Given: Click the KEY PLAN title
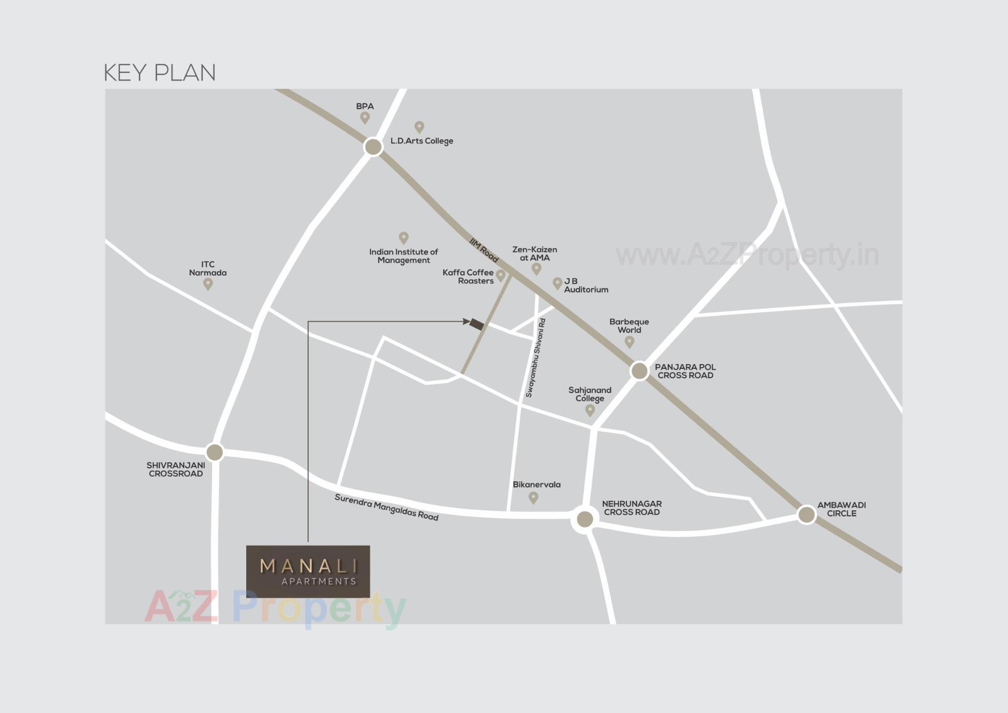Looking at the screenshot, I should coord(160,73).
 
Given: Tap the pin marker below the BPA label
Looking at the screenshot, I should coord(365,118).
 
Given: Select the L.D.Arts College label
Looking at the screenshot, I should coord(422,141).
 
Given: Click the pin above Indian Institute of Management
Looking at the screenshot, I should coord(404,237).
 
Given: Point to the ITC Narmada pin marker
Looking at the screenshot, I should coord(208,284).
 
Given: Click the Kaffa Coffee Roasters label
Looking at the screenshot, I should coord(468,276).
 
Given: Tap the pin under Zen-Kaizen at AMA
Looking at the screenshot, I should coord(536,268).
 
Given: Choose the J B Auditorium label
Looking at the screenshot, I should coord(585,285).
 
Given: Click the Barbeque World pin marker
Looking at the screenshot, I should coord(629,342).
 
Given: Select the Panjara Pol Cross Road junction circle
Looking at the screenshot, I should coord(639,370).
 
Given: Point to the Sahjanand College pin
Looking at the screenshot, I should coord(590,409).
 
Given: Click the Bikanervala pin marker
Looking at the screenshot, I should coord(533,497).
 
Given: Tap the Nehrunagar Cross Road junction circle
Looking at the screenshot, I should coord(585,519).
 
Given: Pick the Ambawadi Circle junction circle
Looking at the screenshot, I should coord(806,514).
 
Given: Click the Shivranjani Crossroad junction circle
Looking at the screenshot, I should coord(214,452).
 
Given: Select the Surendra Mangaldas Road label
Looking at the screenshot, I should coord(386,507).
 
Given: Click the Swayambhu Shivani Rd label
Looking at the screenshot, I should coord(536,358).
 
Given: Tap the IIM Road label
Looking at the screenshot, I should coord(484,250).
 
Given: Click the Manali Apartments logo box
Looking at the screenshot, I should coord(308,571).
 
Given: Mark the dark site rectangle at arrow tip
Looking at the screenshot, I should coord(477,324).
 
